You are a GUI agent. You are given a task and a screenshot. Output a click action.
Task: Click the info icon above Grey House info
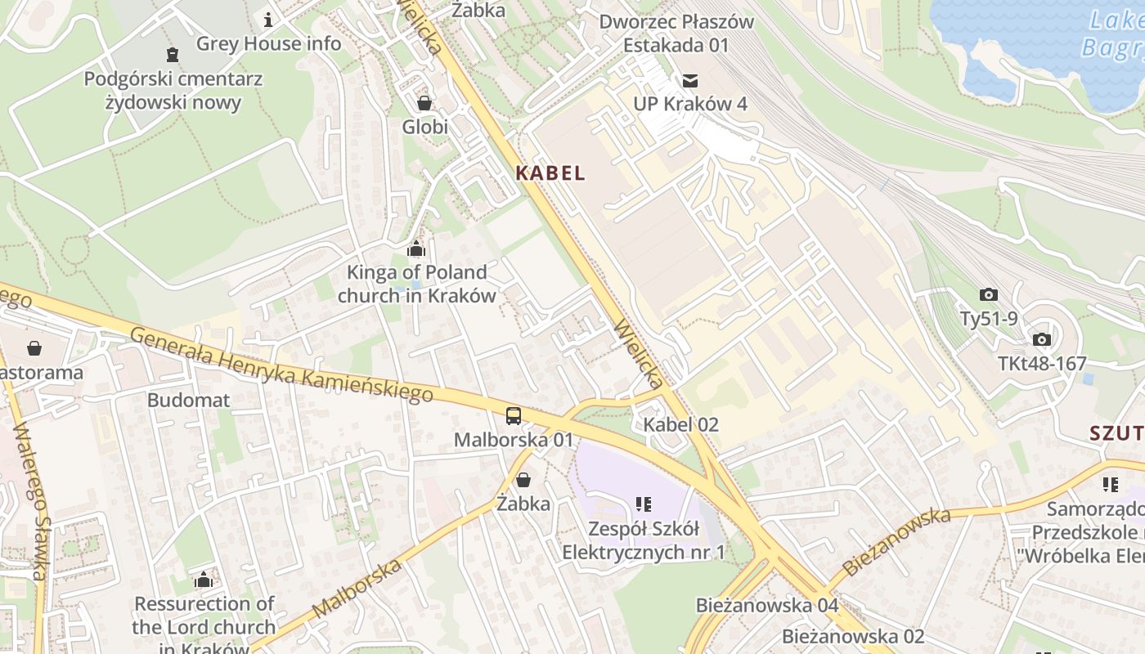(x=268, y=19)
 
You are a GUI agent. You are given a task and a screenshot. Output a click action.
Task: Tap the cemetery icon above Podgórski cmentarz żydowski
(x=173, y=55)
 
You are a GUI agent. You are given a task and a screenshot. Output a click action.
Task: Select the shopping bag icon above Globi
(x=424, y=103)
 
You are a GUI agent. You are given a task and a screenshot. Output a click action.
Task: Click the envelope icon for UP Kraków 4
(x=690, y=80)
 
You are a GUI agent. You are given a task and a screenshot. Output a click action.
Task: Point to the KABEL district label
(x=550, y=172)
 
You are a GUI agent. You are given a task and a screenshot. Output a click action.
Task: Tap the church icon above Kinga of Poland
(x=416, y=249)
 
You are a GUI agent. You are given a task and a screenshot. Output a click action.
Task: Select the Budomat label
(x=189, y=401)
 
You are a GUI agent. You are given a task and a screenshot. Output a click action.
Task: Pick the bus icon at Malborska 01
(x=513, y=416)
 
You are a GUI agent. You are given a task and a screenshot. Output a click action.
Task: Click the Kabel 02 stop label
(x=680, y=424)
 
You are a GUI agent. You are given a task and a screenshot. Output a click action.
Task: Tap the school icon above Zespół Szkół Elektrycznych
(x=644, y=504)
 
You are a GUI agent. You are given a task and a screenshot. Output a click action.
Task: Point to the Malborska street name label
(x=357, y=589)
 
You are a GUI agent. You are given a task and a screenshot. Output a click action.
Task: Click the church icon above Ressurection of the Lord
(x=204, y=580)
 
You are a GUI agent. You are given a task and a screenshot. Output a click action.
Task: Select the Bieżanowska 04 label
(x=767, y=606)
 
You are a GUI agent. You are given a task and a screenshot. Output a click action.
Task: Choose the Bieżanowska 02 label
(x=853, y=636)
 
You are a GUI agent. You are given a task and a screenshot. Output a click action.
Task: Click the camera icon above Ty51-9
(x=988, y=294)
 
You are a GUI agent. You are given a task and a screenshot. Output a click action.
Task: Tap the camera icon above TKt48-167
(x=1041, y=339)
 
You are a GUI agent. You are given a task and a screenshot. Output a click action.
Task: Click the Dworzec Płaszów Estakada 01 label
(x=676, y=33)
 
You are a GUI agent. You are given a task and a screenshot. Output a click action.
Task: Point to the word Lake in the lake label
(x=1116, y=20)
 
